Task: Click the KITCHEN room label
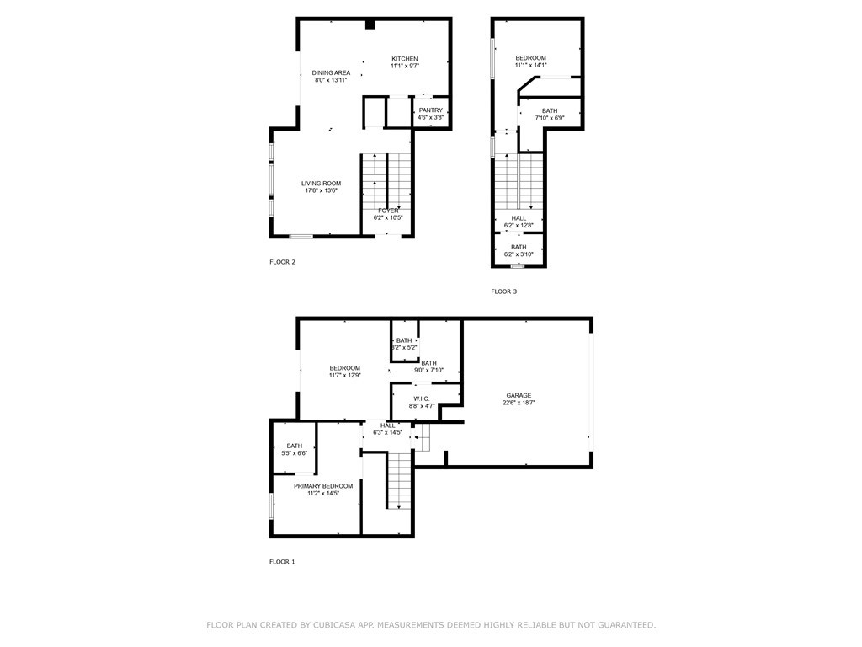405,59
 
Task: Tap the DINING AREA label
331,72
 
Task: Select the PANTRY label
430,110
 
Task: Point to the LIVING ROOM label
321,183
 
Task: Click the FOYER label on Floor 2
388,211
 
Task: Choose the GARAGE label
519,395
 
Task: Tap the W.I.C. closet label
422,398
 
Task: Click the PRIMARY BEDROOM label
323,486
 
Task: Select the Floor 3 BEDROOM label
530,58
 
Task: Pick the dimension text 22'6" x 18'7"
519,403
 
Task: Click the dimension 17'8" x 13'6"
321,191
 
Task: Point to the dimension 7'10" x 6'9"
550,118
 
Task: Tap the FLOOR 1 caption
282,562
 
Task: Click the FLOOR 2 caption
282,262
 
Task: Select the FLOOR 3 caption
504,291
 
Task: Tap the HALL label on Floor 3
519,218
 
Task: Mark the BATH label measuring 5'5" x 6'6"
294,446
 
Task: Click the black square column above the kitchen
370,24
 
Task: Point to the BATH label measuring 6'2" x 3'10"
519,247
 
